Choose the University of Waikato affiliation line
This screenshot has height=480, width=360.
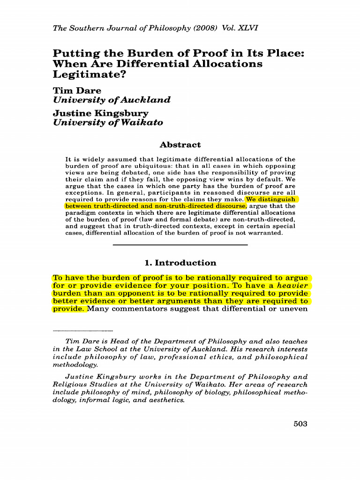(x=108, y=123)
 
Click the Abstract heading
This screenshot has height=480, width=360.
(x=180, y=145)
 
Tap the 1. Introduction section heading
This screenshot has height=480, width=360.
(x=180, y=263)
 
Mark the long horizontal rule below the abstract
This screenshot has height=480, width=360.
(x=180, y=245)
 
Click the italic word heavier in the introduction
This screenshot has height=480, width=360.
(x=292, y=285)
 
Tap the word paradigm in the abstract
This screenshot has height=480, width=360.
(x=80, y=212)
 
